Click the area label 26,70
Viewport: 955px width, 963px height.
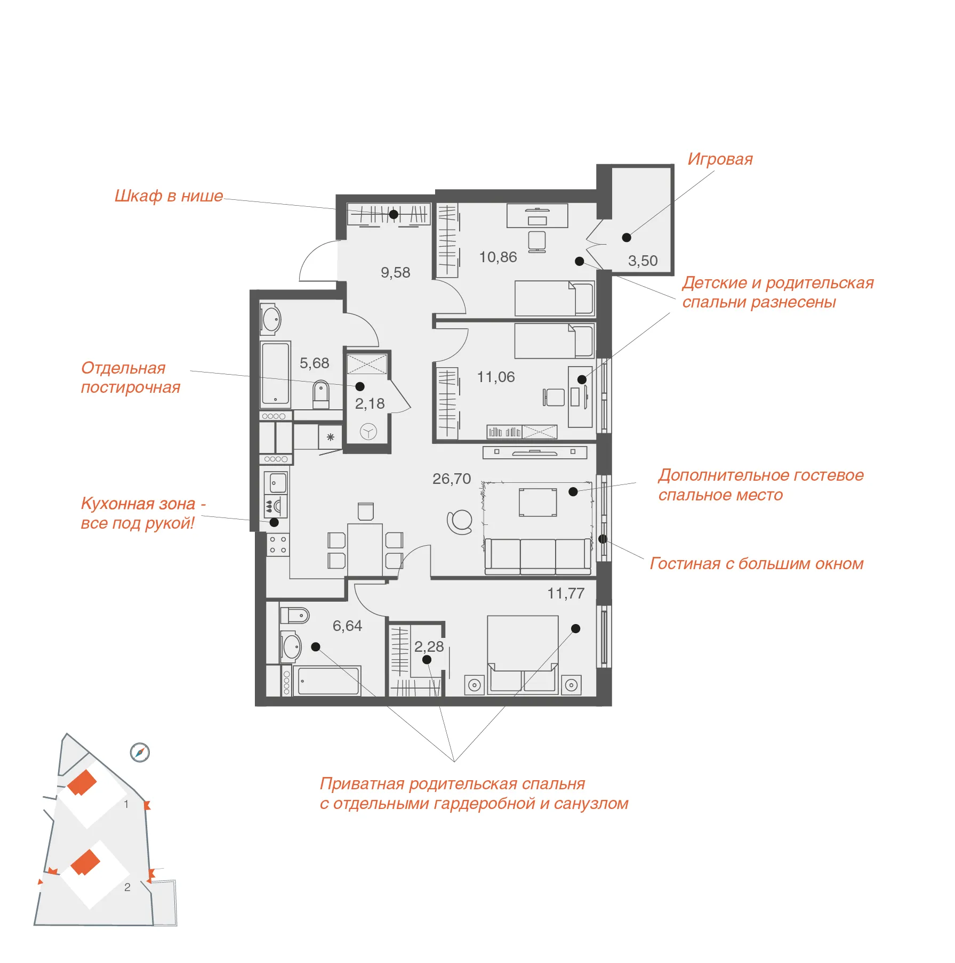452,479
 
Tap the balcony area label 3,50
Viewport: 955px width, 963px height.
643,261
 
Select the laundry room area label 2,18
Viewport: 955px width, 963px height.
370,403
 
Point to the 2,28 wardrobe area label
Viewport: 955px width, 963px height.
429,646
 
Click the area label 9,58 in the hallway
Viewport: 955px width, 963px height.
395,272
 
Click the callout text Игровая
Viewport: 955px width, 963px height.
720,159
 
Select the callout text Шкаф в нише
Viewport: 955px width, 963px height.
168,196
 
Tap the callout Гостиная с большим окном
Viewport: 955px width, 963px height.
757,563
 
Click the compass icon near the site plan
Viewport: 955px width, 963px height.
140,752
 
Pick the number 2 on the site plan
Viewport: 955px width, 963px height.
127,887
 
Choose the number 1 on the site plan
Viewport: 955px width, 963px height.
126,804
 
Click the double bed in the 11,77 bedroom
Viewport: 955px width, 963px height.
523,655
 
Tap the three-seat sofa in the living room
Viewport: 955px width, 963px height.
538,556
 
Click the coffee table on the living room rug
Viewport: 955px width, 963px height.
538,502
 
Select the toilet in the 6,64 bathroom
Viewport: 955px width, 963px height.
294,616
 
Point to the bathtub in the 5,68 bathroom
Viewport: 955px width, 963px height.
275,375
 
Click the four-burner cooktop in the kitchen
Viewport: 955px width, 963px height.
278,545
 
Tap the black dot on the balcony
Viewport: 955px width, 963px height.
627,238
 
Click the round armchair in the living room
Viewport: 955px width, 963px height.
460,522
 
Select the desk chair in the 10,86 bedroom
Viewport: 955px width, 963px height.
537,241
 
